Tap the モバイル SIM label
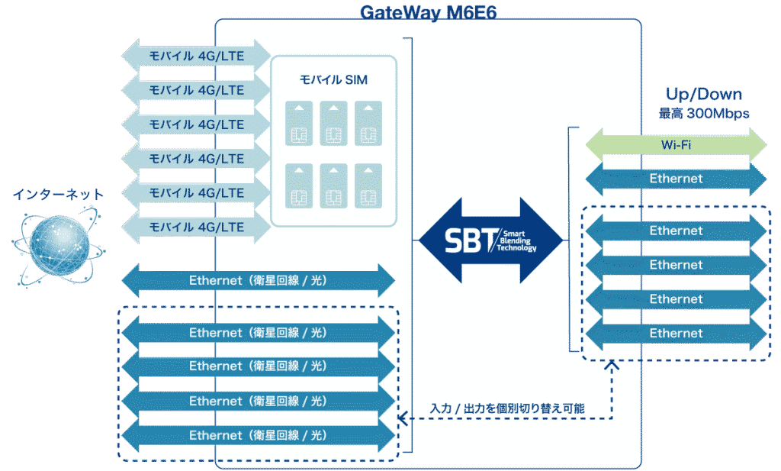[334, 79]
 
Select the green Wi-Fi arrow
[676, 144]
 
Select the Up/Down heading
[704, 95]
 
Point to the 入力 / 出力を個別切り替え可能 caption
[507, 408]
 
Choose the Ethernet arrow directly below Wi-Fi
[676, 179]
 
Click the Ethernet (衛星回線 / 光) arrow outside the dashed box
[258, 281]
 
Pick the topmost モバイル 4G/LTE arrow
[197, 56]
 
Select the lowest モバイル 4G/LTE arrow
[197, 227]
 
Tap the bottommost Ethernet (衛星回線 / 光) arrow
[258, 435]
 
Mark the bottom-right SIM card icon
[368, 185]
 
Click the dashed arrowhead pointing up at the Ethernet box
[611, 366]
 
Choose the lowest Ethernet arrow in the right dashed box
[676, 334]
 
